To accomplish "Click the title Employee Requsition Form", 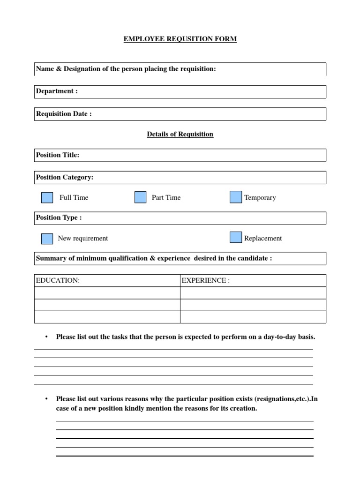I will tap(180, 39).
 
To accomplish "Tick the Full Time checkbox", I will tap(47, 197).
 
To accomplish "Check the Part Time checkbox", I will tap(140, 197).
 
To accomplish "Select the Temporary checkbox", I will tap(236, 197).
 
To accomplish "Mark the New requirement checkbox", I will tap(47, 238).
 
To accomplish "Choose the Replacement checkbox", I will tap(236, 238).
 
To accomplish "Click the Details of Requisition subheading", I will tap(180, 135).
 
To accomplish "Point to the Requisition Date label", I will tap(64, 114).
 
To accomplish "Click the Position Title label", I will tap(58, 155).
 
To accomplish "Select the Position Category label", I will tap(65, 178).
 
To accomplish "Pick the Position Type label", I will tap(59, 218).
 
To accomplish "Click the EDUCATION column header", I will tap(58, 281).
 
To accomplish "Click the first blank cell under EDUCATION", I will tap(107, 293).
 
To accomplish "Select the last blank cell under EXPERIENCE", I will tap(253, 317).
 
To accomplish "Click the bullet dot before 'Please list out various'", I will tap(46, 399).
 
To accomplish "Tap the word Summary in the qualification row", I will tap(49, 259).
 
